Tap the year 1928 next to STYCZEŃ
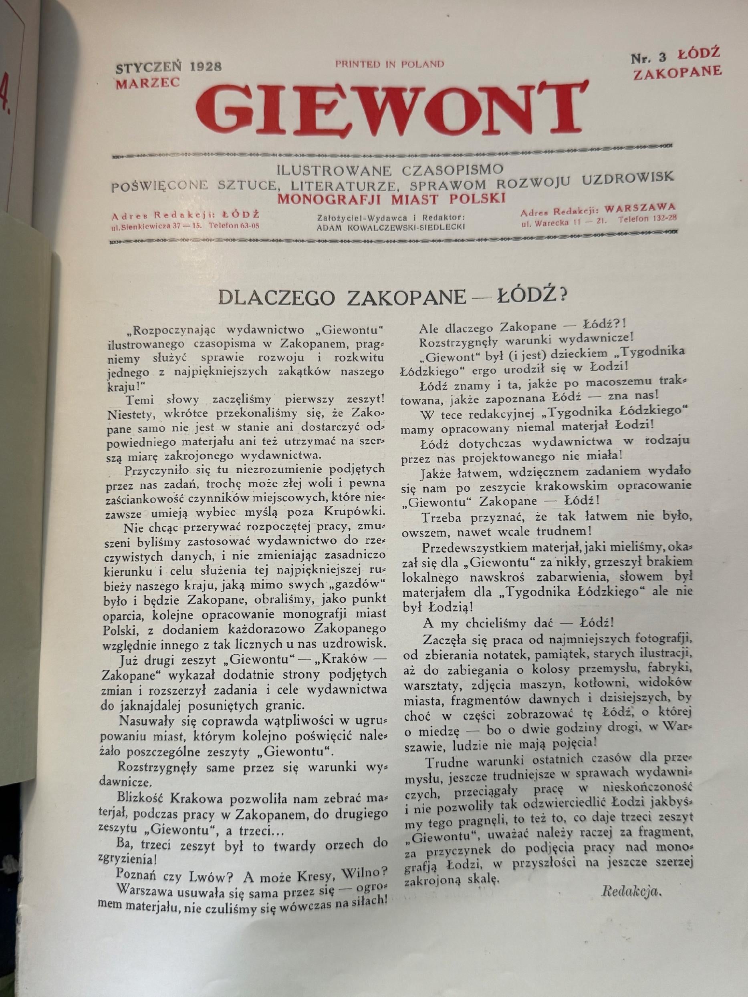coord(206,67)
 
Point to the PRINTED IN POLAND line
coord(389,64)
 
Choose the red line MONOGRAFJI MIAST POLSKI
coord(391,198)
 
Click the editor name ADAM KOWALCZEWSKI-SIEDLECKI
coord(391,227)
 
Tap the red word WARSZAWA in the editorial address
coord(640,208)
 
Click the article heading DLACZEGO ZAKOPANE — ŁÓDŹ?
coord(391,297)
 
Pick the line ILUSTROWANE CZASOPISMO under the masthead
coord(390,171)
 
